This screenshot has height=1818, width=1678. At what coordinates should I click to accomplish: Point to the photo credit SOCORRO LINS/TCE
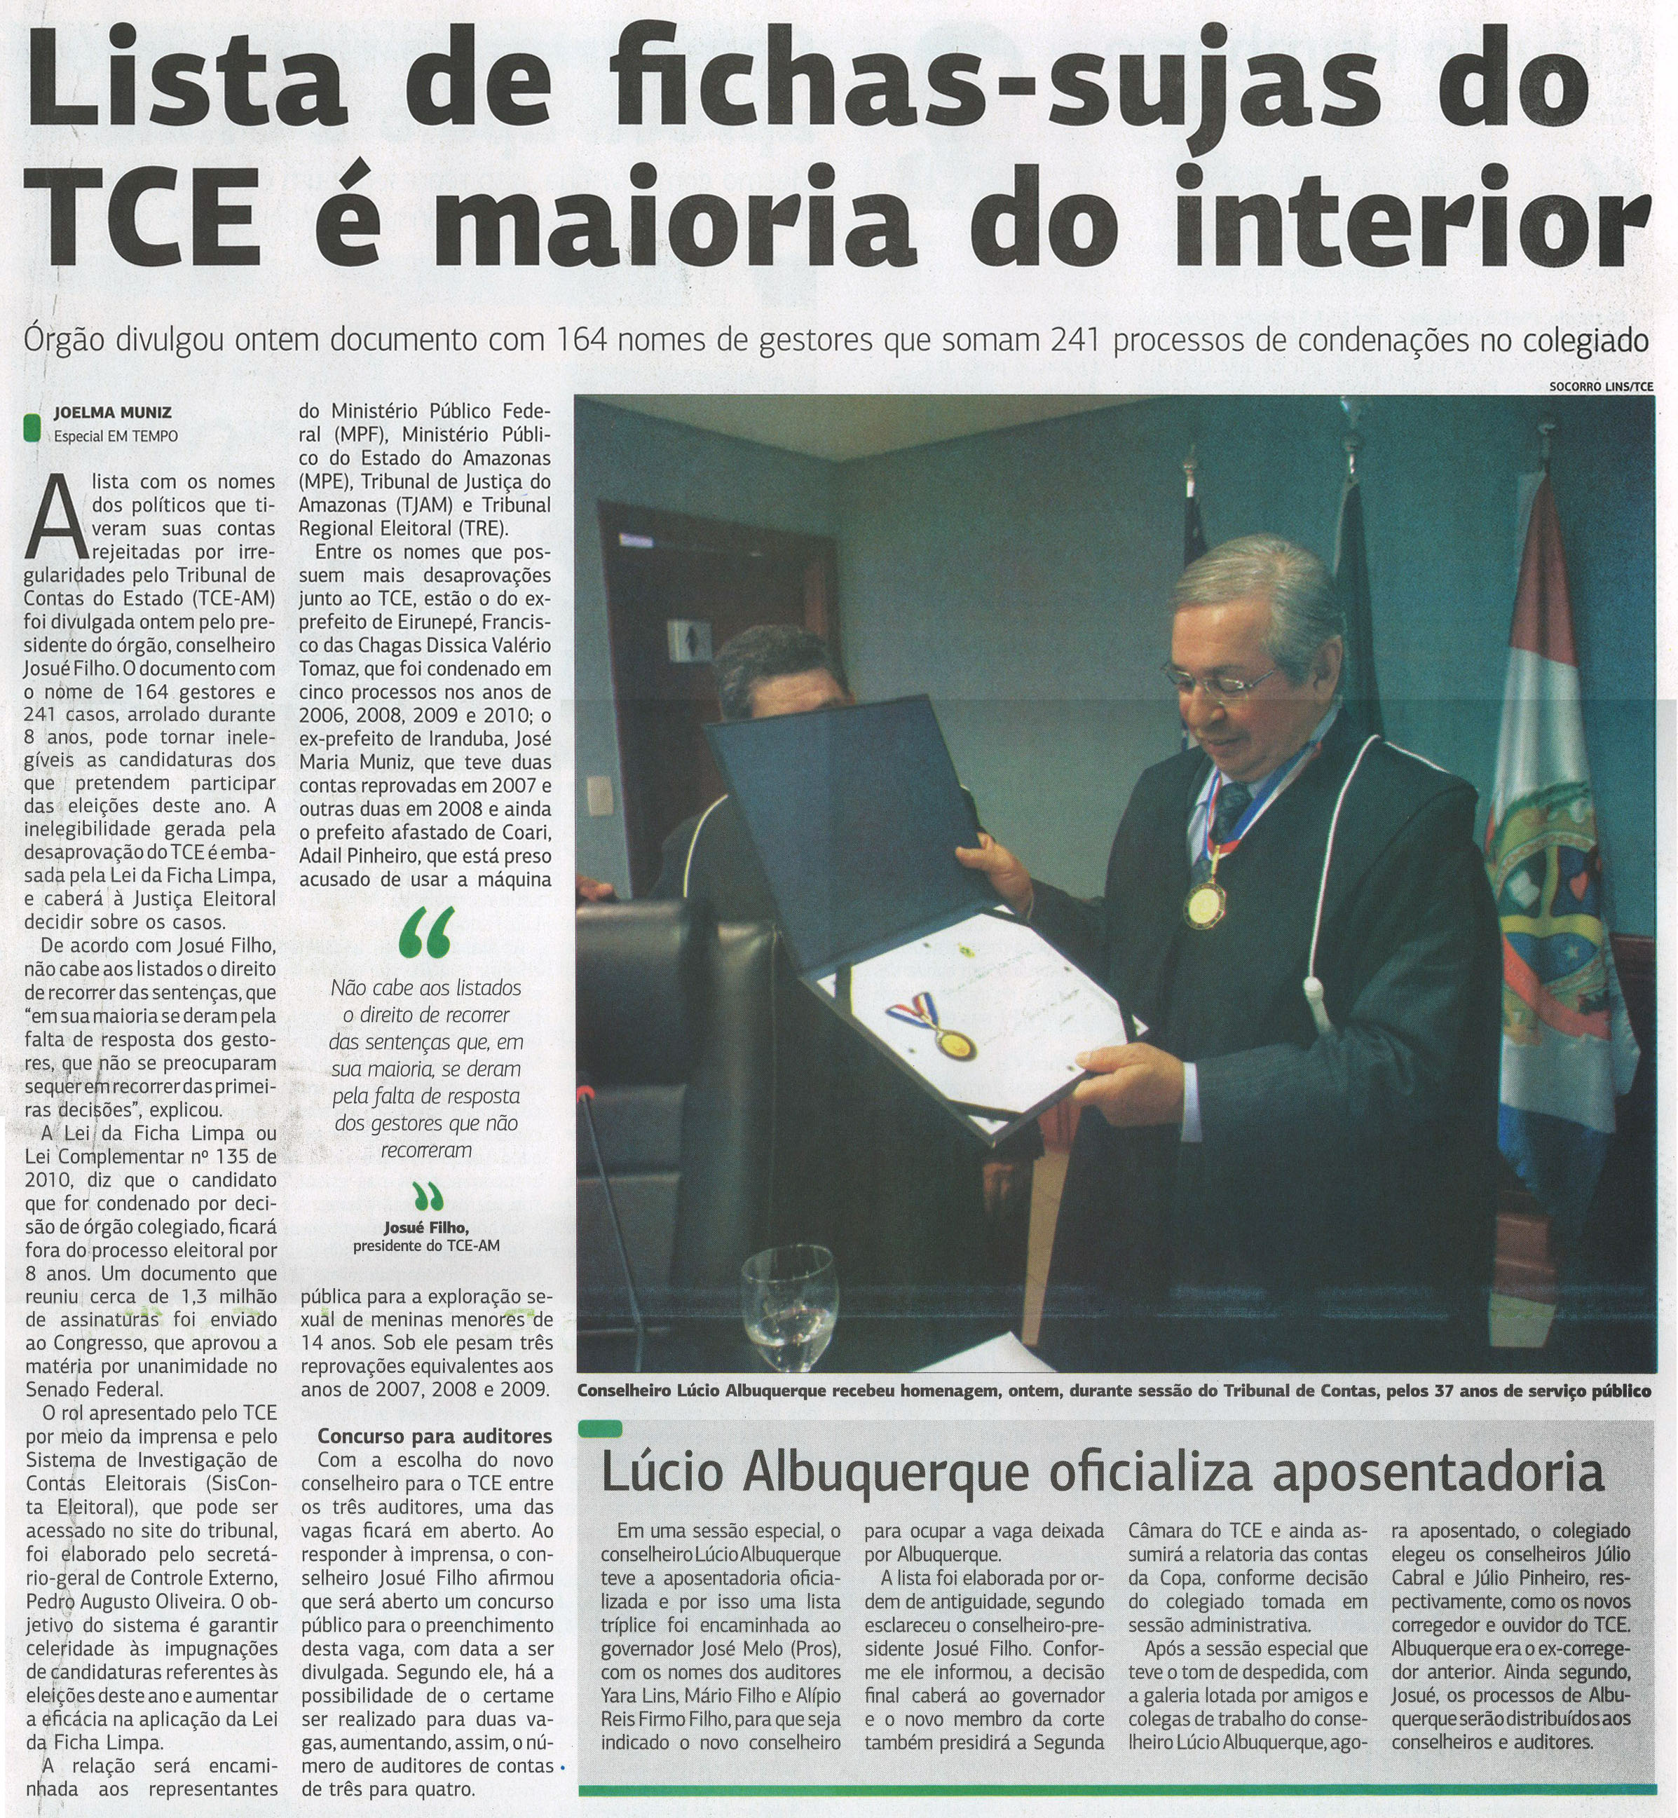pos(1601,387)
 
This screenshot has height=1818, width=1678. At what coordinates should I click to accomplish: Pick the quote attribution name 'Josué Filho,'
pos(426,1229)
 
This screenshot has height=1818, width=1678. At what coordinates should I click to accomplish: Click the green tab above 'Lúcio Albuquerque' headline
pos(599,1428)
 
